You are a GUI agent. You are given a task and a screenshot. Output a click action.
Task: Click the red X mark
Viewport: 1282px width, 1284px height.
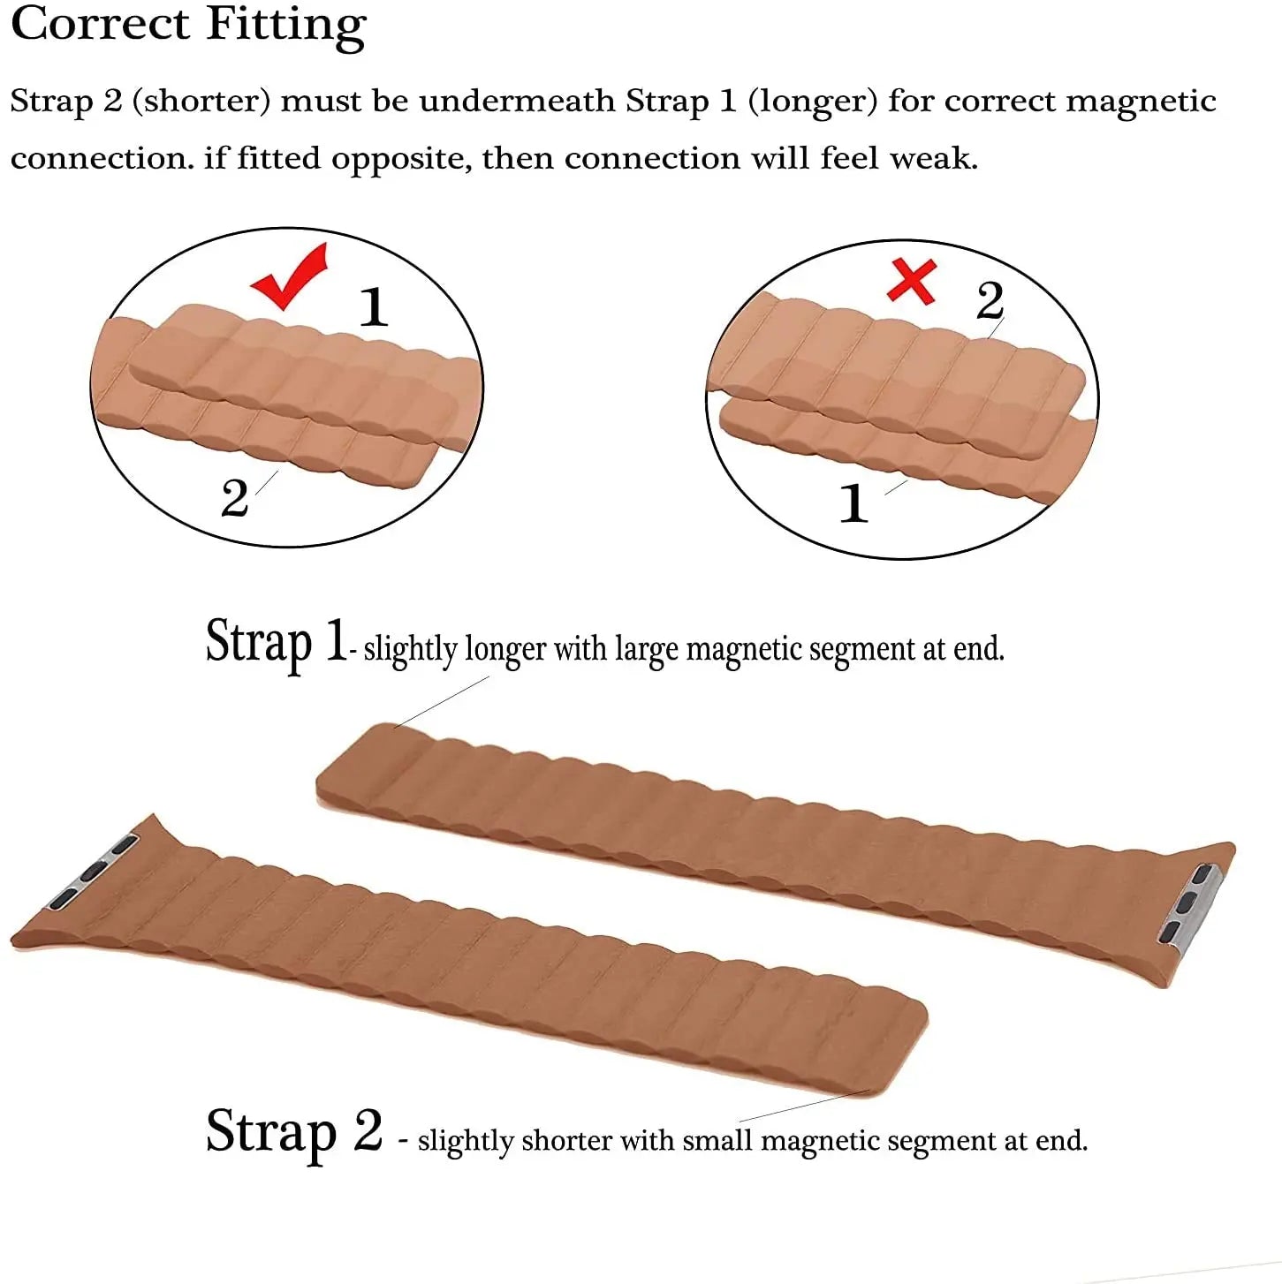[x=912, y=282]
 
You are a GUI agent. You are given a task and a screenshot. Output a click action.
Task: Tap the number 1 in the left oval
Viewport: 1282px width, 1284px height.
[x=374, y=307]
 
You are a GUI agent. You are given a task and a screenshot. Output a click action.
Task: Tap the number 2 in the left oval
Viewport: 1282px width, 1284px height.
[x=234, y=498]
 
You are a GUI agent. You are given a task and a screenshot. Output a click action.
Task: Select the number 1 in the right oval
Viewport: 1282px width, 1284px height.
[x=853, y=503]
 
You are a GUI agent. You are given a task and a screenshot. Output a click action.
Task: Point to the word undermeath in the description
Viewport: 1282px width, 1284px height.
[x=517, y=102]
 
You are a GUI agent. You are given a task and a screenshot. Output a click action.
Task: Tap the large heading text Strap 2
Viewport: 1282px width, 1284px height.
[x=293, y=1131]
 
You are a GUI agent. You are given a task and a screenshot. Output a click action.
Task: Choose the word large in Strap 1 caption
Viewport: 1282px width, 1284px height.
[x=647, y=649]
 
